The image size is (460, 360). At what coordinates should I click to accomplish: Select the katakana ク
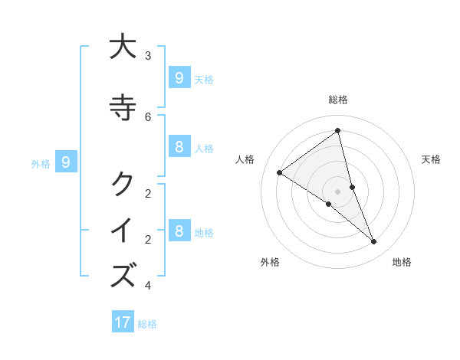tap(122, 183)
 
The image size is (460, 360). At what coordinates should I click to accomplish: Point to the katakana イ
tap(122, 230)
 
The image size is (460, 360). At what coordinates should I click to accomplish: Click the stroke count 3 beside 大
tap(148, 55)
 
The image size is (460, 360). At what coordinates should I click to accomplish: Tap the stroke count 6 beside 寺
tap(148, 116)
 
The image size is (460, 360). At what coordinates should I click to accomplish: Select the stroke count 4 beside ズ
tap(148, 286)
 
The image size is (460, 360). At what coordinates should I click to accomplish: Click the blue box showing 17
tap(123, 322)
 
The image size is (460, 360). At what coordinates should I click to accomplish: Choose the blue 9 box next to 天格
tap(179, 78)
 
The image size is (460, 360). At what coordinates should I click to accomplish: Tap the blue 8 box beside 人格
tap(179, 147)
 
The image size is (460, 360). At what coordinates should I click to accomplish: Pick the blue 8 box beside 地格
tap(179, 231)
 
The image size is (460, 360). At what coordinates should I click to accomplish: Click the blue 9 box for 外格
tap(66, 162)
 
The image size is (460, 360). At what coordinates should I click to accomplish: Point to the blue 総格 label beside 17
tap(147, 324)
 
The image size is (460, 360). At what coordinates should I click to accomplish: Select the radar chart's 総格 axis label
tap(337, 100)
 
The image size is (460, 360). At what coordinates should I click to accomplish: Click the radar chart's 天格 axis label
tap(431, 159)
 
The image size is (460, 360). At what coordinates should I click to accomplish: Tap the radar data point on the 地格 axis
tap(373, 241)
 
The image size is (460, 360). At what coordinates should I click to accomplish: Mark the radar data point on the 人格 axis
tap(280, 172)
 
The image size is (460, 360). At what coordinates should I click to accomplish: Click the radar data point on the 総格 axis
tap(337, 130)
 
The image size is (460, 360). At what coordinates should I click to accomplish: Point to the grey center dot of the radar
tap(337, 191)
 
